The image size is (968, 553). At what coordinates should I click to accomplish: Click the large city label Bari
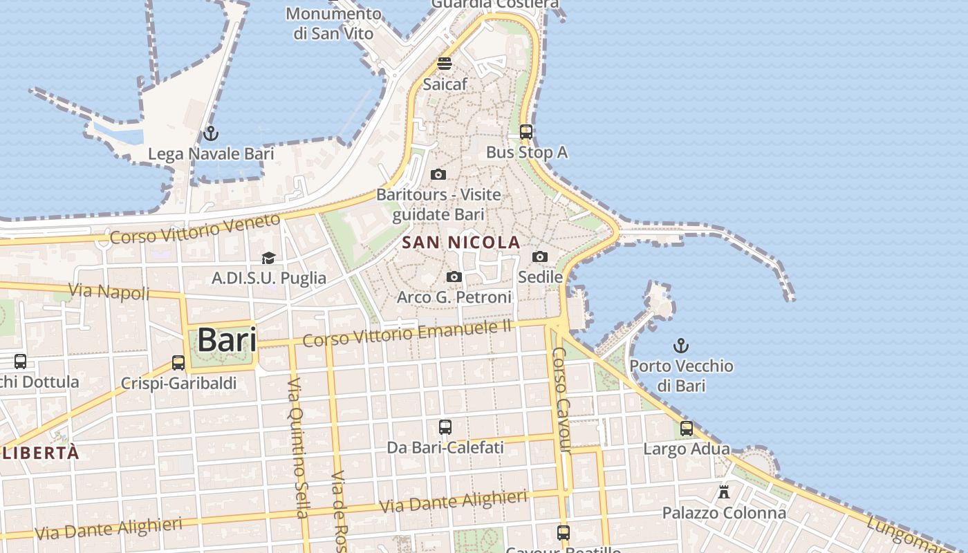(x=227, y=340)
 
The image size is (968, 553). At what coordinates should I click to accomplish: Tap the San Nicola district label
(x=461, y=242)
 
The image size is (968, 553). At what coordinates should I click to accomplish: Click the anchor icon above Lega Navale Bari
(x=211, y=133)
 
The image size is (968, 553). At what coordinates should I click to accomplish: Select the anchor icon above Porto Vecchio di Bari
(x=681, y=345)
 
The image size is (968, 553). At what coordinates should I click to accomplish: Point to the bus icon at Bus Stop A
(x=526, y=131)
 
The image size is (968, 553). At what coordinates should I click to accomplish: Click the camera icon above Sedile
(x=540, y=257)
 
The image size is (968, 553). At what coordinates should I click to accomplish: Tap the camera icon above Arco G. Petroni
(x=454, y=277)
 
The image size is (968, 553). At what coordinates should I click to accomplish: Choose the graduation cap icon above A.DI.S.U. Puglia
(x=268, y=259)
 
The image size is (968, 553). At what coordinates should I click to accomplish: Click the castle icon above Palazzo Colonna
(x=724, y=492)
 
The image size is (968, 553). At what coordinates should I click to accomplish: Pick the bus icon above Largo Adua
(x=687, y=429)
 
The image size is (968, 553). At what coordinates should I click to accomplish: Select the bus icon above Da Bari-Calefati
(x=445, y=427)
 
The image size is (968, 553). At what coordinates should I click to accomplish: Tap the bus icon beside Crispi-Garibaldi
(x=178, y=363)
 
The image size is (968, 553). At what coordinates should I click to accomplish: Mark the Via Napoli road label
(x=109, y=292)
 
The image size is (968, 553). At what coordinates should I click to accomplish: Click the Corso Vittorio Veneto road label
(x=196, y=229)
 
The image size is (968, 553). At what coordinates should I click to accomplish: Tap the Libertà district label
(x=41, y=453)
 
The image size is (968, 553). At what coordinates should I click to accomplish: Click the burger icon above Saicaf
(x=445, y=64)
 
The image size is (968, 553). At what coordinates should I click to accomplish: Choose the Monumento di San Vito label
(x=333, y=24)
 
